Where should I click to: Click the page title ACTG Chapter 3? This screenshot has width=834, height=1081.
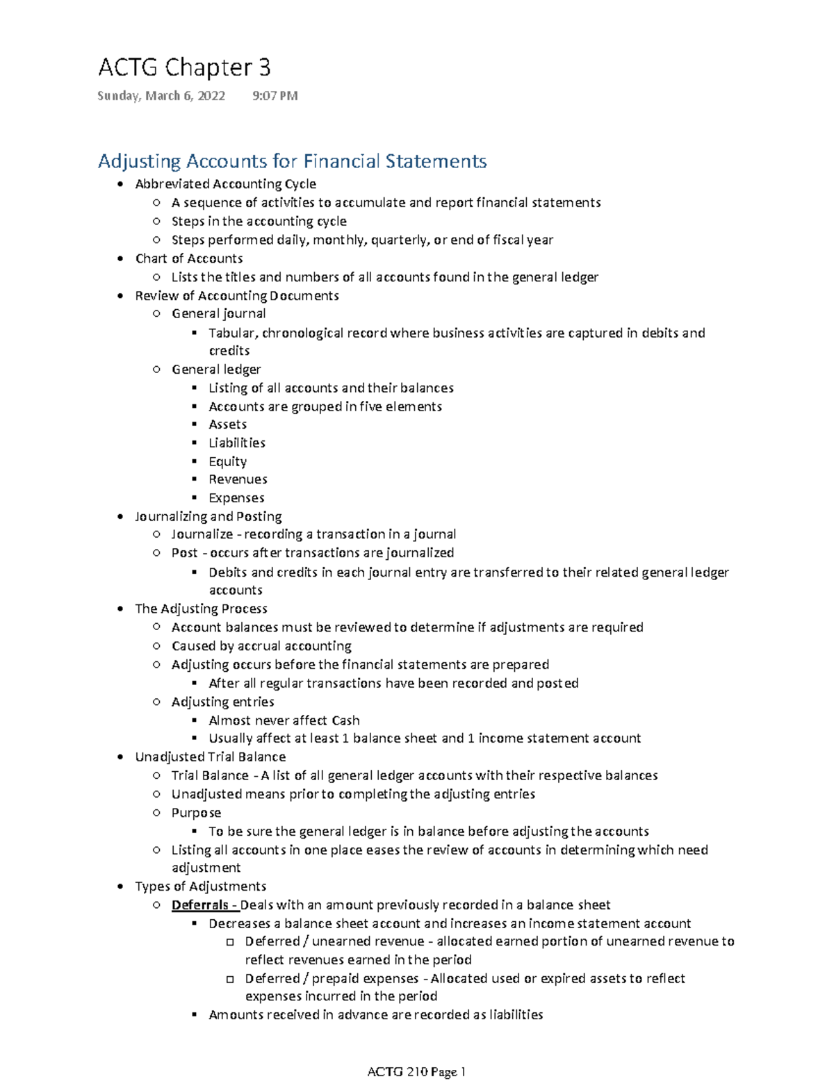pos(184,67)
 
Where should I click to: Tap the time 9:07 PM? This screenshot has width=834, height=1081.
pos(275,96)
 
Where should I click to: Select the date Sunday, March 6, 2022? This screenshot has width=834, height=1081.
pos(161,96)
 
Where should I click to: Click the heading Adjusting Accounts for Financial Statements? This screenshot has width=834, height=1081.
pos(292,161)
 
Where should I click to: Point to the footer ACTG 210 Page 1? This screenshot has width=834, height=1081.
pos(416,1071)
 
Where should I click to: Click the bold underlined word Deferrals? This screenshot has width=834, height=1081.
pos(200,905)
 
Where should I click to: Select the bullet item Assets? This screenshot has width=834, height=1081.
pos(227,424)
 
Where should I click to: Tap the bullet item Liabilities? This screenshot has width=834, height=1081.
pos(237,443)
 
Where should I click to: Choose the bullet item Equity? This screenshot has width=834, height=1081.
pos(227,461)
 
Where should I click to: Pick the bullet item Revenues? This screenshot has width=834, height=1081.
pos(238,479)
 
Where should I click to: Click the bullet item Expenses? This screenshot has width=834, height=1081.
pos(236,498)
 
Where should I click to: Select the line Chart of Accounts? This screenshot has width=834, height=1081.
pos(188,258)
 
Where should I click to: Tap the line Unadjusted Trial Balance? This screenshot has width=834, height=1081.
pos(210,757)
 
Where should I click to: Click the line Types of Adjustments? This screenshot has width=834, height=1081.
pos(200,886)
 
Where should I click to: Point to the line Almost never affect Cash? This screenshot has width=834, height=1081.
pos(284,720)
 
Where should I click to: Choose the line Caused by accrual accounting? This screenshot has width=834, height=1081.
pos(261,646)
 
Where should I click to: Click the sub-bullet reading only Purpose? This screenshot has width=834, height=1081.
pos(196,813)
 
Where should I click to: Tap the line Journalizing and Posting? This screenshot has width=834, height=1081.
pos(208,516)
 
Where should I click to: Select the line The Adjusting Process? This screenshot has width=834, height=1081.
pos(201,609)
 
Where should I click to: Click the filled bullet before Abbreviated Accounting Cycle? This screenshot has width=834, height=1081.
pos(121,184)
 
